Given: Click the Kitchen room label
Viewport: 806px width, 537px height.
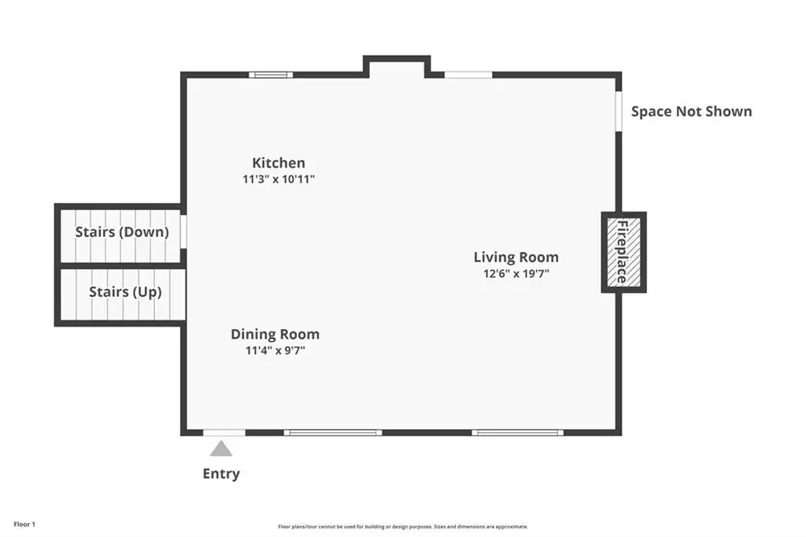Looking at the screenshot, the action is pyautogui.click(x=279, y=162).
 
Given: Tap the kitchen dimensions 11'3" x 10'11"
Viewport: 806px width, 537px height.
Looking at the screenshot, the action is pyautogui.click(x=279, y=179).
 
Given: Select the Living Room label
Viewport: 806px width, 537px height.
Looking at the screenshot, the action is pyautogui.click(x=516, y=257).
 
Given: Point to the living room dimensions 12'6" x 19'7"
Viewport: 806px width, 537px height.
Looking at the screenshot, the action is pyautogui.click(x=516, y=273).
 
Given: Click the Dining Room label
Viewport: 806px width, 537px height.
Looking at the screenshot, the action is pyautogui.click(x=275, y=335).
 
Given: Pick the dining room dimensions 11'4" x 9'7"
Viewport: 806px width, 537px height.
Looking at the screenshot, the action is pyautogui.click(x=275, y=350).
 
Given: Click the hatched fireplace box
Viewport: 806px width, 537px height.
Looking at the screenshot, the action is pyautogui.click(x=624, y=252).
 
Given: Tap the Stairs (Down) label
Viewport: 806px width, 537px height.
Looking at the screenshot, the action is pyautogui.click(x=122, y=232).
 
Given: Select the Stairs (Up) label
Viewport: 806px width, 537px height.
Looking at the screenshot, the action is pyautogui.click(x=125, y=292).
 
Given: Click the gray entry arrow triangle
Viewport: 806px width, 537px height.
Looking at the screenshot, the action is pyautogui.click(x=221, y=449).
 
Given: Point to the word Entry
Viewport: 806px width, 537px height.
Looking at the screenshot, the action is pyautogui.click(x=221, y=474).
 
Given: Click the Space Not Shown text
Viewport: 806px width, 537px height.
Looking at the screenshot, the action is pyautogui.click(x=691, y=112).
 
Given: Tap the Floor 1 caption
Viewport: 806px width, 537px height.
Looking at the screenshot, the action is pyautogui.click(x=24, y=524).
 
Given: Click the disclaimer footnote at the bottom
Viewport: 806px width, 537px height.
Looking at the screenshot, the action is pyautogui.click(x=403, y=527).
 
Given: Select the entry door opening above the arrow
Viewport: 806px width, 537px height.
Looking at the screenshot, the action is pyautogui.click(x=224, y=432).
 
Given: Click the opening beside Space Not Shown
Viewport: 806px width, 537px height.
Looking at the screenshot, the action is pyautogui.click(x=619, y=111).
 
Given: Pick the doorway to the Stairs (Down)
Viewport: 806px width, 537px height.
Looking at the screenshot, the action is pyautogui.click(x=183, y=232).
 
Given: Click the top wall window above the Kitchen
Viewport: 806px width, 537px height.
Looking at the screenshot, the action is pyautogui.click(x=271, y=75).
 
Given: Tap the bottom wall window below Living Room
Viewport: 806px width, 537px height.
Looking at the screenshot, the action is pyautogui.click(x=518, y=432).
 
